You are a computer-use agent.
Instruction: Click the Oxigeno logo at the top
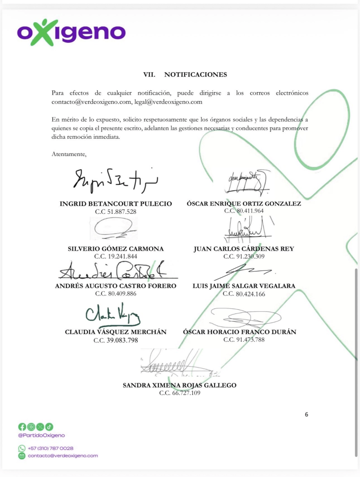pyautogui.click(x=71, y=32)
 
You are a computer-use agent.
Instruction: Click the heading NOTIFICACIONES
pyautogui.click(x=195, y=74)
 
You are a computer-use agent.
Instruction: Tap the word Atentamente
pyautogui.click(x=69, y=154)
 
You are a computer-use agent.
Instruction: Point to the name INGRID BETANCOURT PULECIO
pyautogui.click(x=116, y=204)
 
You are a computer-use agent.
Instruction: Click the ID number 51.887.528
pyautogui.click(x=115, y=211)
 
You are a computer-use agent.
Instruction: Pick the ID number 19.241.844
pyautogui.click(x=115, y=256)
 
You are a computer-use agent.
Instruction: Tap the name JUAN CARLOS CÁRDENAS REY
pyautogui.click(x=244, y=249)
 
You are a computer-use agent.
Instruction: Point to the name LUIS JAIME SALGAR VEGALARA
pyautogui.click(x=244, y=286)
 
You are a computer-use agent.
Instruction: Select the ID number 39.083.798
pyautogui.click(x=115, y=340)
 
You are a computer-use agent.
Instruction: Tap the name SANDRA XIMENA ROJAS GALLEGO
pyautogui.click(x=179, y=385)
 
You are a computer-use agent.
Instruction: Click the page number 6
pyautogui.click(x=306, y=414)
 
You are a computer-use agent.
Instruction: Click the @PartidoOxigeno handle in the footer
pyautogui.click(x=41, y=435)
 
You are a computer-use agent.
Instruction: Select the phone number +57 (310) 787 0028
pyautogui.click(x=51, y=448)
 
